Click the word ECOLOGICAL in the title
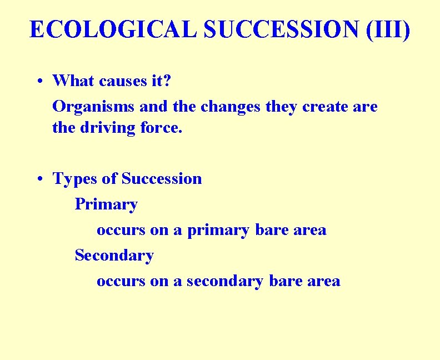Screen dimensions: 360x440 [x=113, y=29]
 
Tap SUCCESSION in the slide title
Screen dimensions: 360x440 [x=281, y=29]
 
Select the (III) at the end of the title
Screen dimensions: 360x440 [x=389, y=29]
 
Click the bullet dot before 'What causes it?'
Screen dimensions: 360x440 [x=42, y=81]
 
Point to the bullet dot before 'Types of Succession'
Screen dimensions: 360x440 [x=42, y=179]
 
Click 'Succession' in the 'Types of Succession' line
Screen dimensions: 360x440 [x=162, y=179]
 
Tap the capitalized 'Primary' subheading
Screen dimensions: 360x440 [x=106, y=204]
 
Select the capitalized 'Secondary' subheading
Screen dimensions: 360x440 [x=114, y=256]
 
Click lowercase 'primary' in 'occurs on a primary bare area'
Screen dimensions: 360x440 [x=218, y=230]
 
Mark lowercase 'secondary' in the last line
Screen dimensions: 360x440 [x=224, y=281]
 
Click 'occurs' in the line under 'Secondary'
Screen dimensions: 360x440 [x=120, y=281]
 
